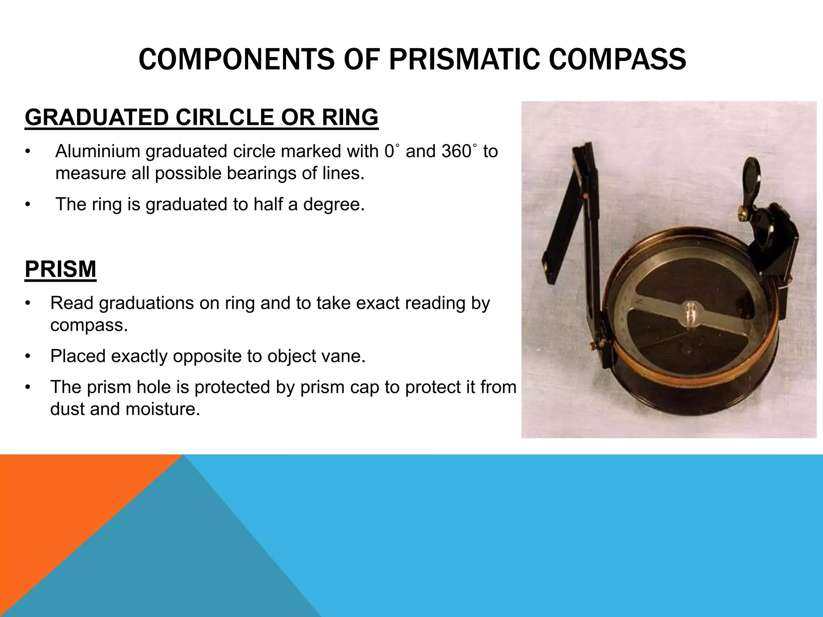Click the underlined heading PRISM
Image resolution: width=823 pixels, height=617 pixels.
[x=61, y=269]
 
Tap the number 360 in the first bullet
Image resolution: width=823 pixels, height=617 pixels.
[x=456, y=151]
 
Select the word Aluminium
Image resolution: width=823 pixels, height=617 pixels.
[x=98, y=151]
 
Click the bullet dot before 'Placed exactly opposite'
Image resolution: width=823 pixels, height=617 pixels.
[x=27, y=356]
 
